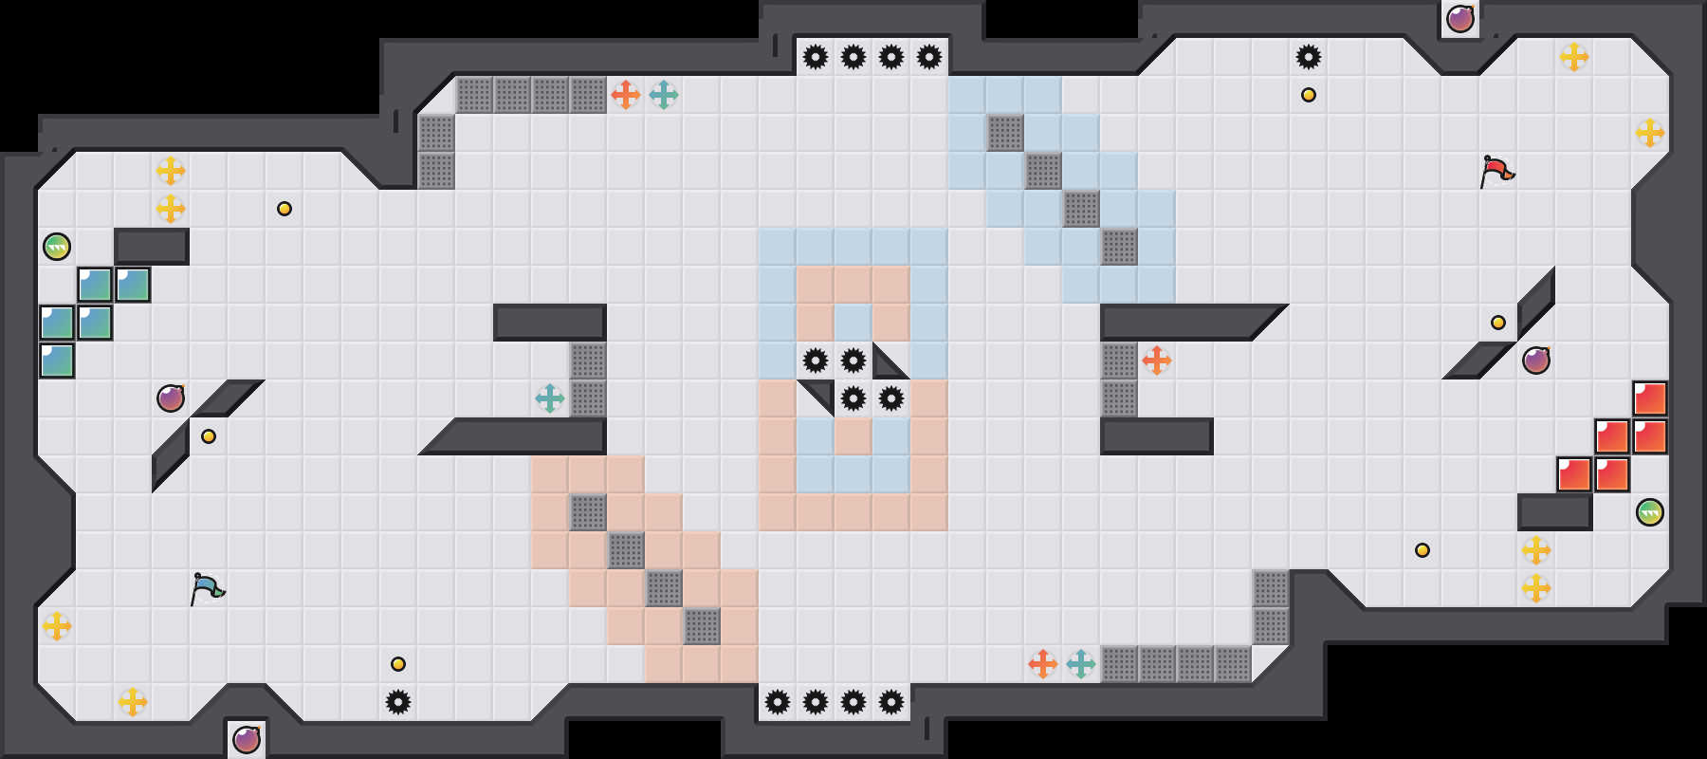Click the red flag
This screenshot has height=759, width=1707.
pyautogui.click(x=1496, y=171)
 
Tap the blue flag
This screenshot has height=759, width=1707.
pyautogui.click(x=207, y=588)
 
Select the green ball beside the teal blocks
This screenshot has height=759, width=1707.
pyautogui.click(x=57, y=247)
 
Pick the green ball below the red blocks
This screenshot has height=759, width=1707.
pyautogui.click(x=1650, y=512)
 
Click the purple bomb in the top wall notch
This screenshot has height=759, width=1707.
pyautogui.click(x=1460, y=19)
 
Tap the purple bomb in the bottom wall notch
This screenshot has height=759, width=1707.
pyautogui.click(x=247, y=739)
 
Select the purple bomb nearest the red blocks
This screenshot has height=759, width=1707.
pyautogui.click(x=1536, y=361)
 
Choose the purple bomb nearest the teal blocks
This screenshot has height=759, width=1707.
pyautogui.click(x=171, y=398)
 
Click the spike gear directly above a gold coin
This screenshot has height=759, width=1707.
pyautogui.click(x=1309, y=57)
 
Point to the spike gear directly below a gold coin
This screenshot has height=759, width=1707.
pyautogui.click(x=398, y=702)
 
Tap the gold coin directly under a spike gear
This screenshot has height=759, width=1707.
pyautogui.click(x=1309, y=95)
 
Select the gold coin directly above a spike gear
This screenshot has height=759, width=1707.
pyautogui.click(x=398, y=664)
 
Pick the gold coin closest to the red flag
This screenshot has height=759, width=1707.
pyautogui.click(x=1498, y=323)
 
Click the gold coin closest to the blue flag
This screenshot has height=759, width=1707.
pyautogui.click(x=209, y=436)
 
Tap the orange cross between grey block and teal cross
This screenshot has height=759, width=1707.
pyautogui.click(x=626, y=95)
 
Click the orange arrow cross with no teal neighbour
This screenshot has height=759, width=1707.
pyautogui.click(x=1157, y=361)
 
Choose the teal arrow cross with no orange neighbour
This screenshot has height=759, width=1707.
pyautogui.click(x=550, y=398)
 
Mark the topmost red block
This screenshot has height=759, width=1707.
pyautogui.click(x=1650, y=398)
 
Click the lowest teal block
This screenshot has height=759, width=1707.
pyautogui.click(x=57, y=361)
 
